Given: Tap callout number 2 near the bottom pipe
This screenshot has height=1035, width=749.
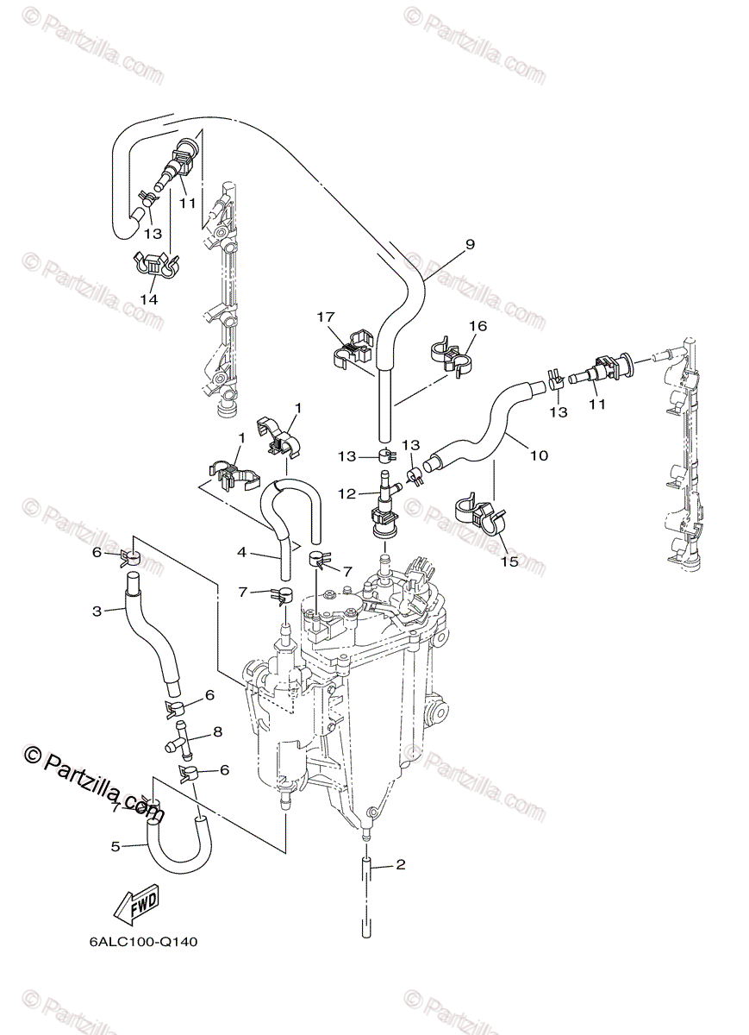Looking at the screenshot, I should (x=399, y=863).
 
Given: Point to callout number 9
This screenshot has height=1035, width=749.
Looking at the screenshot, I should (x=470, y=244).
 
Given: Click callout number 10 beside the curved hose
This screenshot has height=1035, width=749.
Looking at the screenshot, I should (x=539, y=455).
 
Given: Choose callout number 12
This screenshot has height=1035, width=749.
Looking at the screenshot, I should (x=346, y=493).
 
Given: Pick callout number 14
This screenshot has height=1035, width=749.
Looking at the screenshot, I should (x=150, y=298).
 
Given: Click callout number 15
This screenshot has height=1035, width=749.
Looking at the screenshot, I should (x=509, y=561).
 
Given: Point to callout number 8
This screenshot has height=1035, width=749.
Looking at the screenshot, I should (x=217, y=731).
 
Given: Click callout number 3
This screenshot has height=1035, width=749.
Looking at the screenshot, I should (x=97, y=611).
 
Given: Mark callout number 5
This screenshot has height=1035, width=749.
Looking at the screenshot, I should (x=115, y=846).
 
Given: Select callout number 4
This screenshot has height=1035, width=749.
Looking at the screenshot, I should (x=242, y=551).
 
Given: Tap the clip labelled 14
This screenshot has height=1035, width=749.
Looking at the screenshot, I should (x=155, y=266).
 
